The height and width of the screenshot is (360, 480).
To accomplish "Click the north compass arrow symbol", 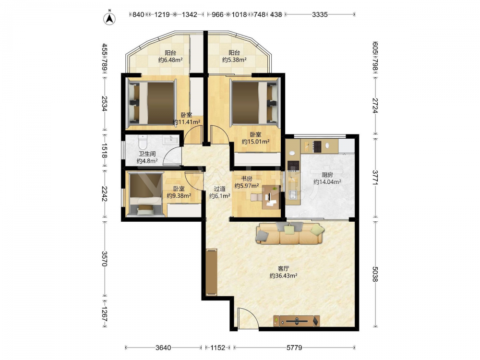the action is [x=109, y=19].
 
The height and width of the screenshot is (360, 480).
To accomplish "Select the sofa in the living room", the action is [x=290, y=233].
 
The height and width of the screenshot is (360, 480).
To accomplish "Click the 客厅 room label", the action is [x=284, y=268].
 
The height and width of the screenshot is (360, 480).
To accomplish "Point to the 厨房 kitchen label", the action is [x=327, y=175].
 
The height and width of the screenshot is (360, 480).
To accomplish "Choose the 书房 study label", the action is [x=247, y=179].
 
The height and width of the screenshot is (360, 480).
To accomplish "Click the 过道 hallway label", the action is [x=219, y=189].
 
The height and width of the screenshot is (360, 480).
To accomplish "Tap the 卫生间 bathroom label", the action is [x=147, y=154].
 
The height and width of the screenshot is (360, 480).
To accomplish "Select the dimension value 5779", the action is [x=294, y=348].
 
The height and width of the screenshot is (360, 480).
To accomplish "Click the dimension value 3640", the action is [x=164, y=348].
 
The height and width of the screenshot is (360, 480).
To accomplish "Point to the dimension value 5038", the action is [x=375, y=274].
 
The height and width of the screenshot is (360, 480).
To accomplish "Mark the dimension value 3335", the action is [x=320, y=14].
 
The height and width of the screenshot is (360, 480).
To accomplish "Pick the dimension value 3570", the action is [x=104, y=259].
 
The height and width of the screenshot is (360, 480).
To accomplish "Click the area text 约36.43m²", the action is [x=284, y=276].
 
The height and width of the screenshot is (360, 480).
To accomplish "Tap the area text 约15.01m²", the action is [x=256, y=142].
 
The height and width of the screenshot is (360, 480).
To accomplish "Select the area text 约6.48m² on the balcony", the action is [x=170, y=60].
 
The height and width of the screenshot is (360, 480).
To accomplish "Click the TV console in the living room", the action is [x=297, y=321].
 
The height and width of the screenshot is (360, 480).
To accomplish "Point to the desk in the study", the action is [x=271, y=197].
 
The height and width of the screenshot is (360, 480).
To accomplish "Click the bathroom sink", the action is [x=170, y=140].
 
